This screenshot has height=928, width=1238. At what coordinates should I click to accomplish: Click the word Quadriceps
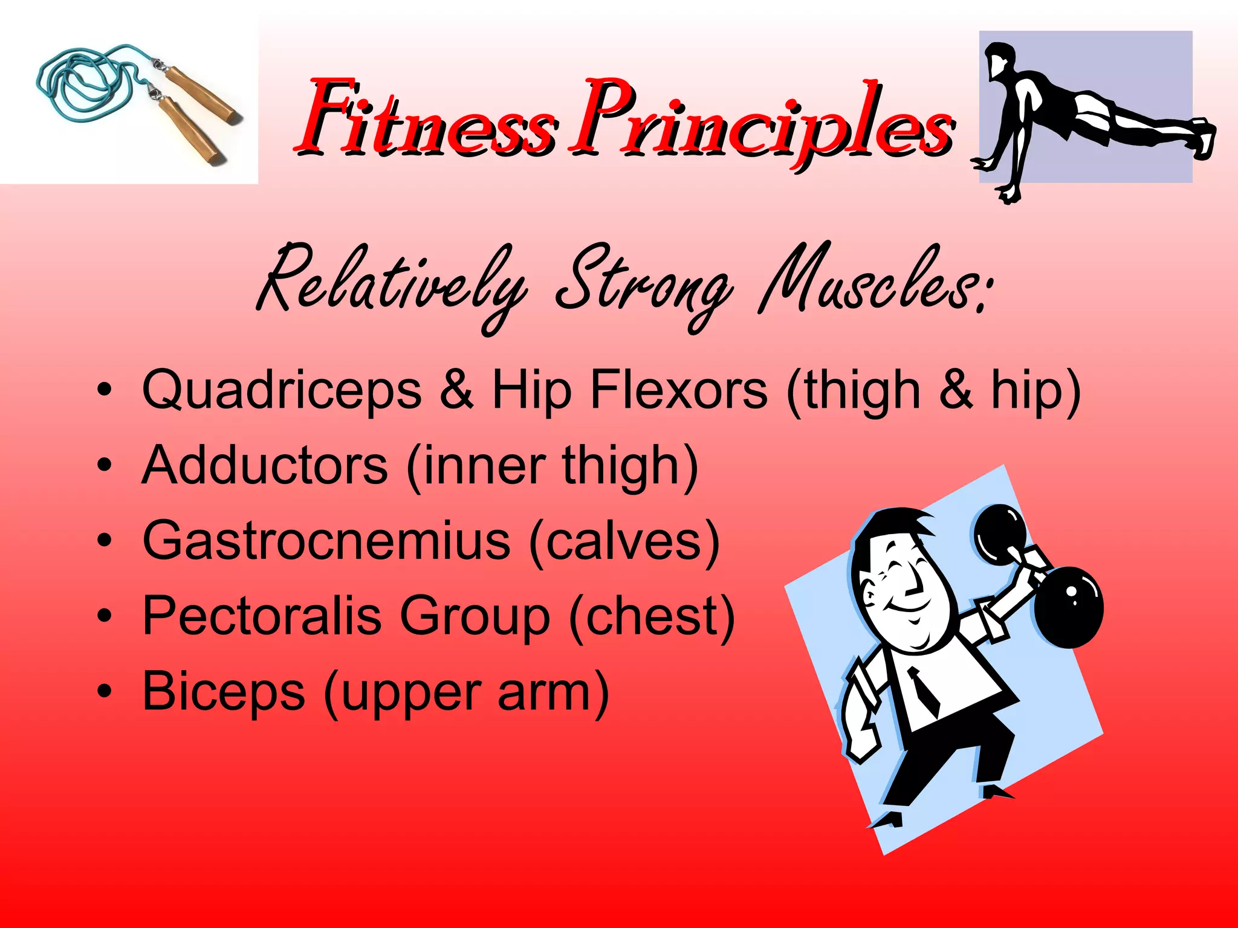pos(282,391)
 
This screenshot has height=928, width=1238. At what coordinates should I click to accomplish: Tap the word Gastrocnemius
pos(326,541)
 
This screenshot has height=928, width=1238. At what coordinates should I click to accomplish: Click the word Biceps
pos(224,692)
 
